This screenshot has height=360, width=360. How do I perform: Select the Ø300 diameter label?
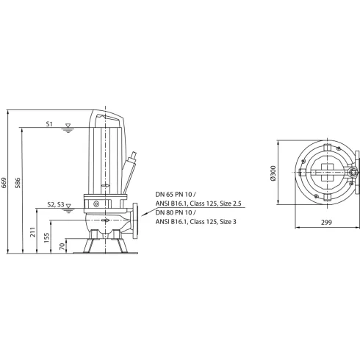(x=273, y=174)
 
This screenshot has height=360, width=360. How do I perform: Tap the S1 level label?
(x=48, y=124)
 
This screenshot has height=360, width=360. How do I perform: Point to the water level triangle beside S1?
(x=68, y=126)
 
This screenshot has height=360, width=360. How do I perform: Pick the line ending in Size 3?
(x=198, y=220)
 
